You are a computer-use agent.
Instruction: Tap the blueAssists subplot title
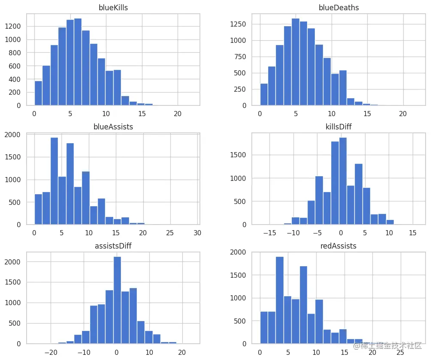[113, 126]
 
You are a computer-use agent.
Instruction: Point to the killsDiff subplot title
[338, 126]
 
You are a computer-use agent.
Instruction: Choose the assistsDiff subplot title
[113, 246]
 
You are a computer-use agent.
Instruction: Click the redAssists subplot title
[338, 246]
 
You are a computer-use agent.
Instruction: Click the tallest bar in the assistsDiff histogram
[117, 300]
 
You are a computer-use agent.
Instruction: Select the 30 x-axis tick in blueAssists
[197, 233]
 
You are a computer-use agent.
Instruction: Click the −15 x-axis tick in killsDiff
[269, 233]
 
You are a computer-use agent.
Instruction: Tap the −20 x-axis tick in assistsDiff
[51, 352]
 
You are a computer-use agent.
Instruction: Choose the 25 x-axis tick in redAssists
[401, 352]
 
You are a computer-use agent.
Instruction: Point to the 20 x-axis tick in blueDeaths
[403, 114]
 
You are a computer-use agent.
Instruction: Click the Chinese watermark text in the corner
[388, 345]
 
